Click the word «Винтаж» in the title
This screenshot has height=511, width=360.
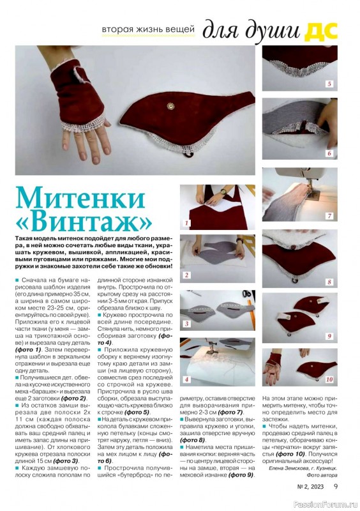84,222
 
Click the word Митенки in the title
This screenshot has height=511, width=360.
80,197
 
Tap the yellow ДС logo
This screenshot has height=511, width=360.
321,32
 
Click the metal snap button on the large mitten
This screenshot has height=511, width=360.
170,106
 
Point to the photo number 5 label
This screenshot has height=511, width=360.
329,84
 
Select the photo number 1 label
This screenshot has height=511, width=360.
187,223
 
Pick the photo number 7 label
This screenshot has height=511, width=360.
329,216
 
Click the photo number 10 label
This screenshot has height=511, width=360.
329,379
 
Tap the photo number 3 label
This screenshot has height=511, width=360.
186,324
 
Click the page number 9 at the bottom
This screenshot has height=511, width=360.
336,486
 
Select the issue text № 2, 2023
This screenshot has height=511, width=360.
310,487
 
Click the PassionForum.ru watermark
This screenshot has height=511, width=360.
326,504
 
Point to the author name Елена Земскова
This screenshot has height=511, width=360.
288,468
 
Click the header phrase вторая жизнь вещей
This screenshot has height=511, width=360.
148,29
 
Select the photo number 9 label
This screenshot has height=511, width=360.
329,336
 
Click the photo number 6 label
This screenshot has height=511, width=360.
329,153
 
